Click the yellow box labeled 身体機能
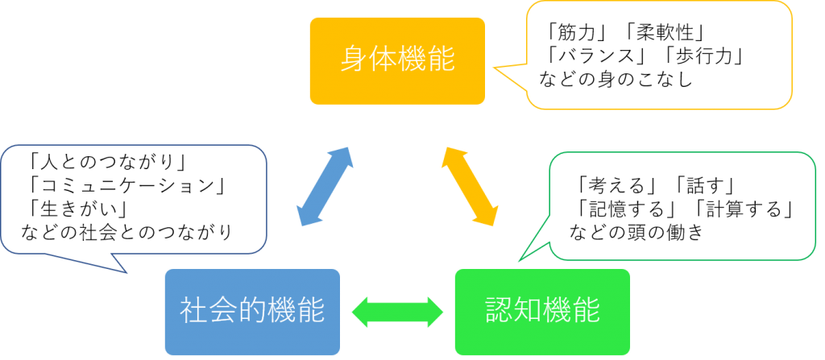coord(397,60)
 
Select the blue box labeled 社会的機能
coord(251,312)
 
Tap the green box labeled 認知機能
coord(542,312)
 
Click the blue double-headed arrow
coord(325,186)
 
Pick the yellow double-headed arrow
coord(469,186)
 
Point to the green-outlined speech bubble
coord(682,206)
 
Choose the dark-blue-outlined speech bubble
coord(134,199)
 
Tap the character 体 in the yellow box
coord(383,60)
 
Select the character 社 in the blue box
coord(193,310)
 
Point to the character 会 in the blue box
coord(222,310)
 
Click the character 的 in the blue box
coord(251,310)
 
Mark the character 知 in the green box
coord(528,310)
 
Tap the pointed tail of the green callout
coord(520,259)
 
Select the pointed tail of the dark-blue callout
coord(126,271)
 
